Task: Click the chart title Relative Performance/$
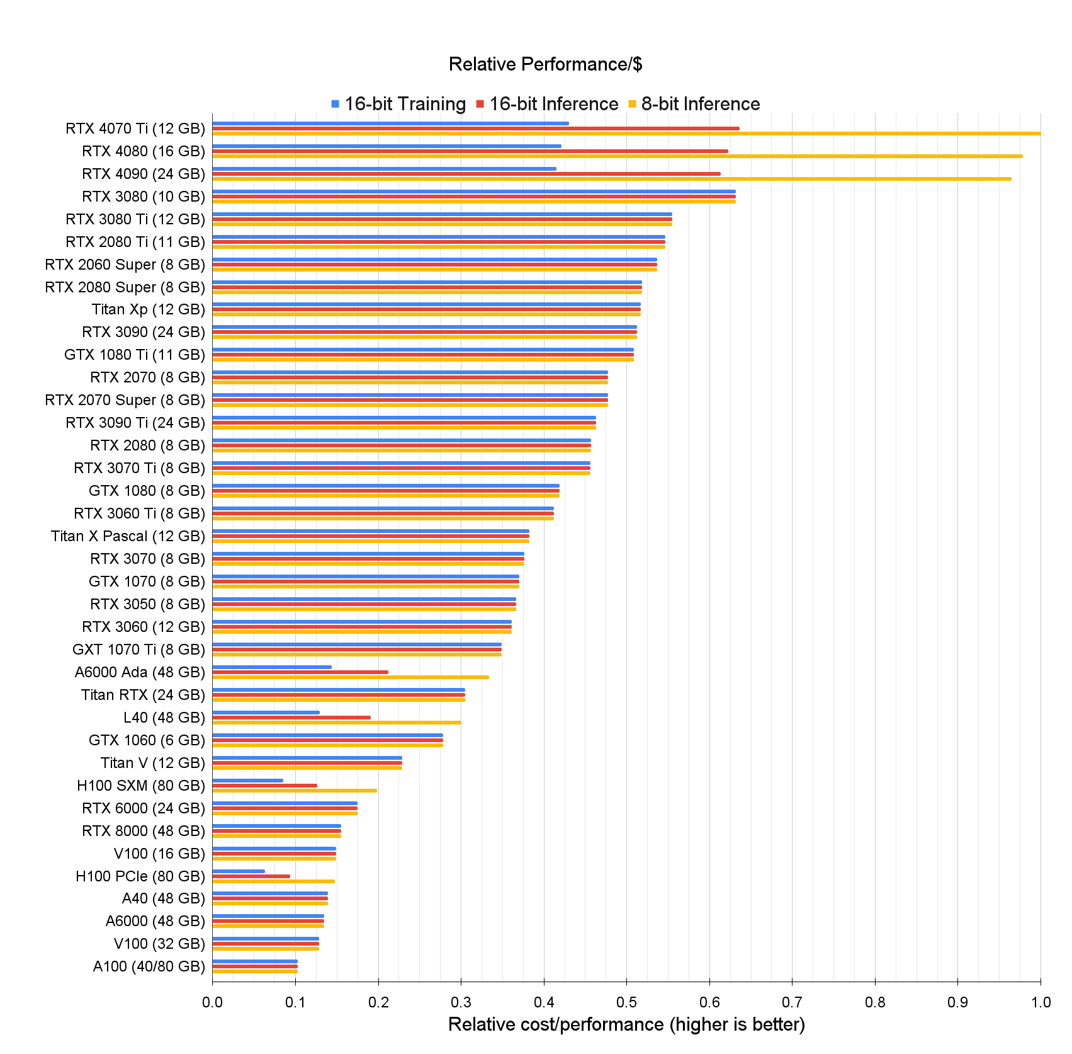tap(545, 64)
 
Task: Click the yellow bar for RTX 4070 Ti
tap(626, 134)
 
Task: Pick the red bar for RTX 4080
tap(470, 151)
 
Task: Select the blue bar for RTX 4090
tap(384, 169)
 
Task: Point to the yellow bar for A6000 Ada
tap(350, 677)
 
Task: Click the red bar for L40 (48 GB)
tap(291, 718)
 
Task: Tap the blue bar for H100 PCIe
tap(239, 871)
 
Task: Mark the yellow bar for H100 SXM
tap(294, 790)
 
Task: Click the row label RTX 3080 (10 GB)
tap(144, 197)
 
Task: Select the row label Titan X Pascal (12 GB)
tap(128, 536)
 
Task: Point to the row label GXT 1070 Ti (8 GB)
tap(138, 650)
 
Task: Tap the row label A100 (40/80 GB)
tap(149, 966)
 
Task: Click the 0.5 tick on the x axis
tap(626, 1002)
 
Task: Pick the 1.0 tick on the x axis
tap(1041, 1002)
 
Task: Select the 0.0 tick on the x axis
tap(212, 1002)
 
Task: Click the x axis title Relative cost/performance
tap(626, 1024)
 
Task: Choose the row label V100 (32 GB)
tap(159, 944)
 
